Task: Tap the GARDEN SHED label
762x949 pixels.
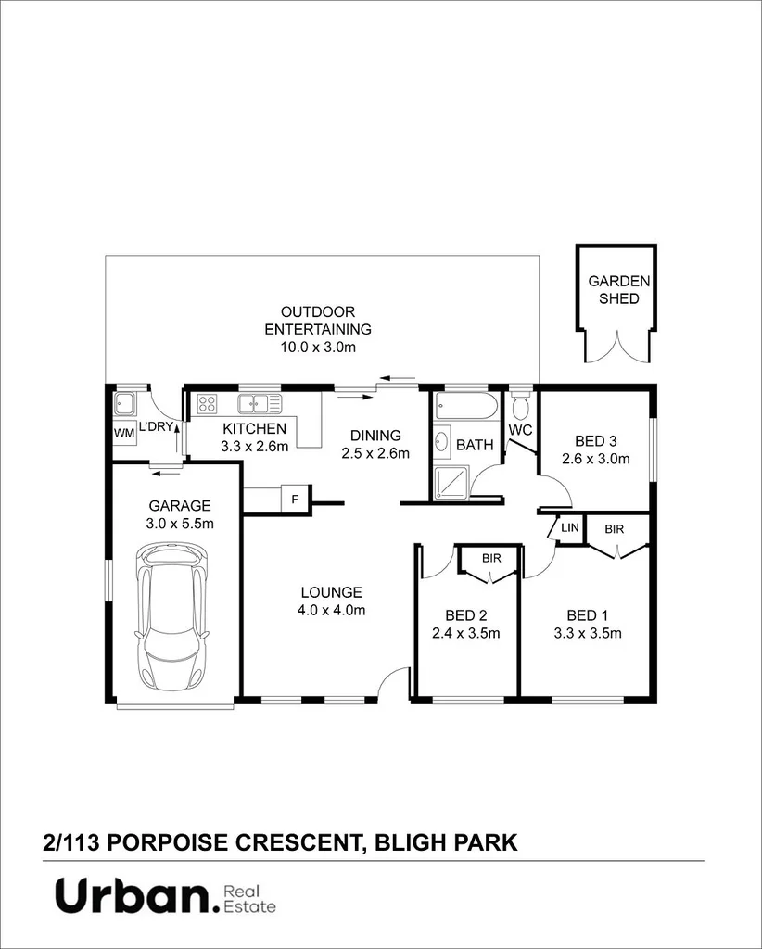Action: pos(619,290)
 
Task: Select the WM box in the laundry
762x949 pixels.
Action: pos(123,433)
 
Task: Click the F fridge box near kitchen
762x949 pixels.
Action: pos(295,499)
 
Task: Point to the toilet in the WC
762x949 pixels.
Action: pos(521,406)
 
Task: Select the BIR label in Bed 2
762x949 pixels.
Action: pos(490,559)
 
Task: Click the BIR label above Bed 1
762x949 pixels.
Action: pos(614,529)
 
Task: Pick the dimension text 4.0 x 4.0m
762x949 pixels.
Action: pos(332,610)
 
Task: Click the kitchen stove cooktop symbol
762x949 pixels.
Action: pos(207,403)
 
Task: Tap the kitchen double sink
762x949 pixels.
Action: pos(259,403)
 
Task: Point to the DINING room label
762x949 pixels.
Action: pos(375,435)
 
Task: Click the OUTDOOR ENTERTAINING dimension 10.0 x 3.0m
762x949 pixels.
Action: pos(318,347)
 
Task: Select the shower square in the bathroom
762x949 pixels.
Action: pos(451,482)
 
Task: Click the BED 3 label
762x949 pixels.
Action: pos(595,440)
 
